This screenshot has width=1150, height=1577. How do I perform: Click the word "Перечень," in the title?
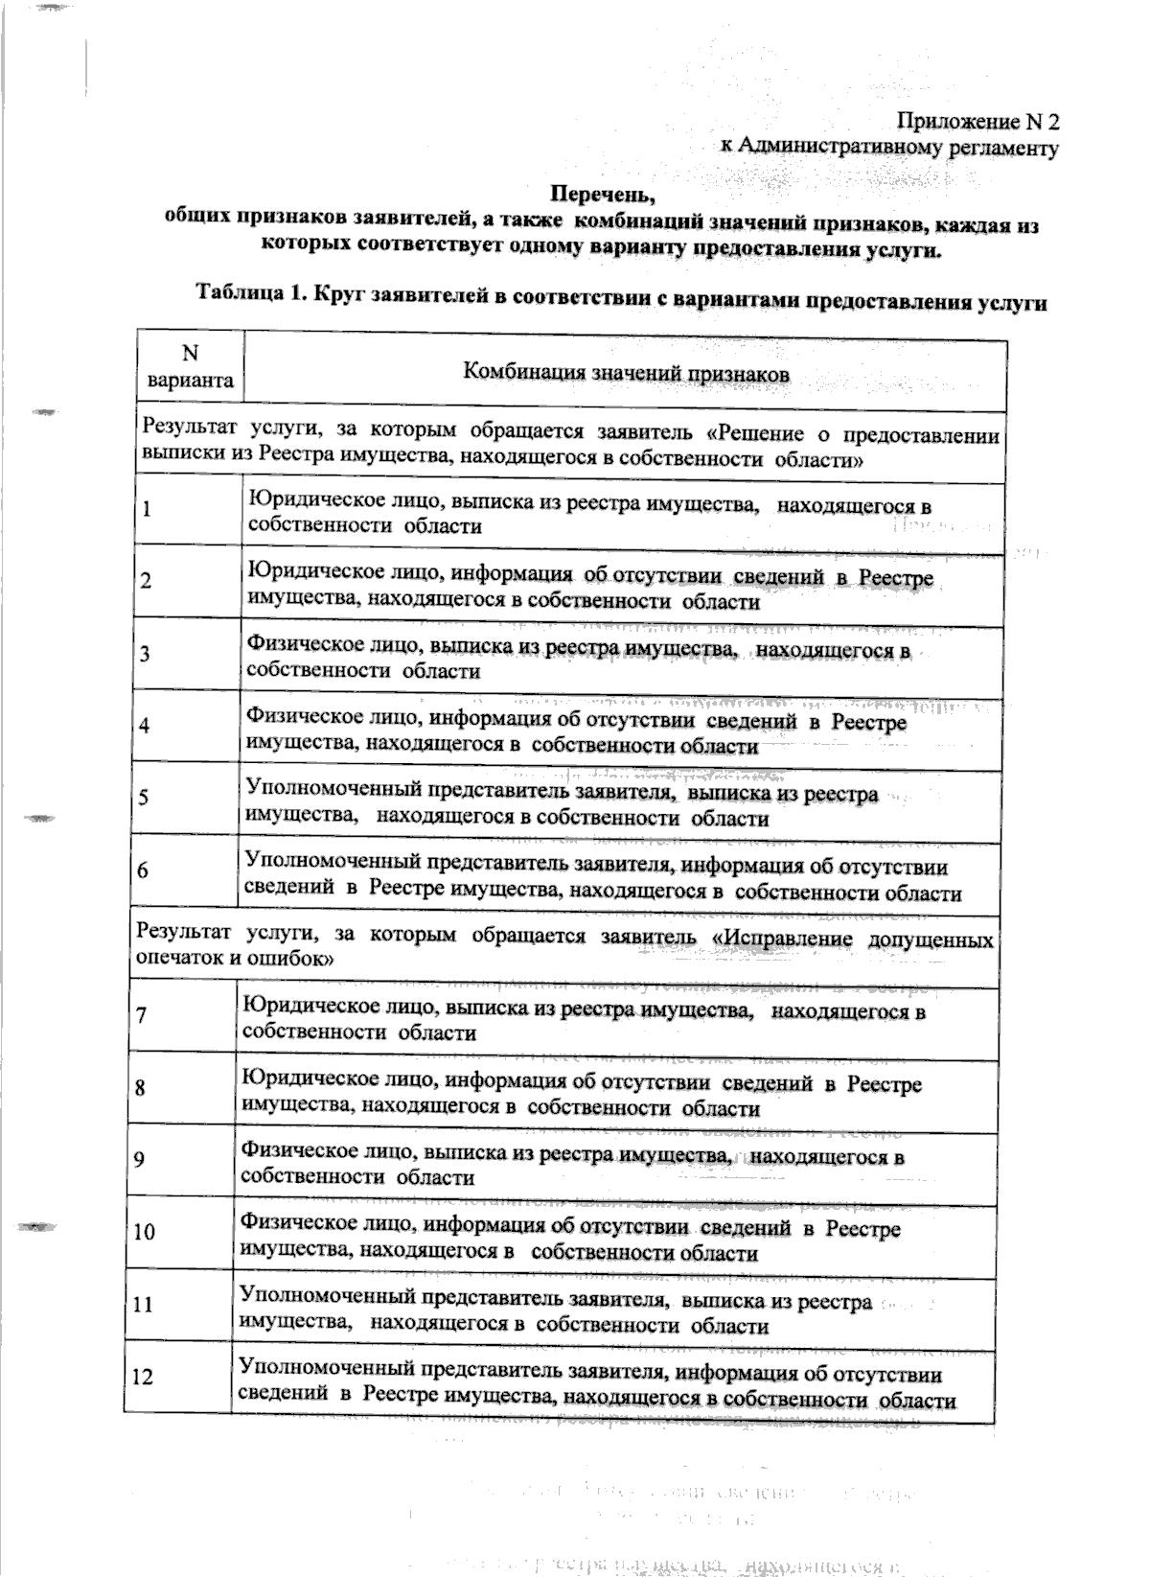[x=603, y=197]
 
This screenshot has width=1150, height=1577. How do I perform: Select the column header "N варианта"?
[x=190, y=367]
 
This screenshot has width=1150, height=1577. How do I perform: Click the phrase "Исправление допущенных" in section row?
[x=858, y=938]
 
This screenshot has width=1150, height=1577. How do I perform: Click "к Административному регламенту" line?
[x=889, y=148]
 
